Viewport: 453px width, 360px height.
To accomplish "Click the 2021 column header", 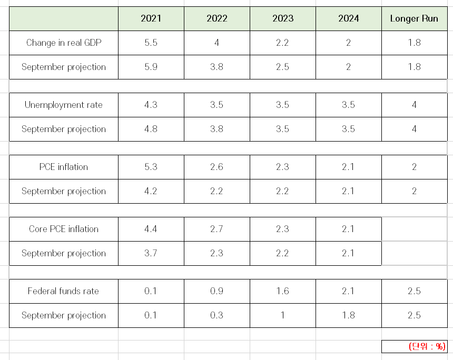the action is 151,18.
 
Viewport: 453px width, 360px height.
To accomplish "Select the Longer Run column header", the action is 414,18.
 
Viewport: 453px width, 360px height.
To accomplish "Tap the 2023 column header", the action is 283,18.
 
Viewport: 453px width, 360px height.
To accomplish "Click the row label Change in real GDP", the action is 64,43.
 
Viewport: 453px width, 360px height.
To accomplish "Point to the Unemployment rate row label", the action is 64,105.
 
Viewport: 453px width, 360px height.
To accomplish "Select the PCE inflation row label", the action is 64,167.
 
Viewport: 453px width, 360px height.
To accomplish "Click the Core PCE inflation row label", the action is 64,229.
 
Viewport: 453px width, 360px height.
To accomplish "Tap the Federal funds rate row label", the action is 63,291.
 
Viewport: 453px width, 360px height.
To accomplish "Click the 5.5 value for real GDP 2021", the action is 151,43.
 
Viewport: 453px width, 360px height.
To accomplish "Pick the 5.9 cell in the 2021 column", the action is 151,67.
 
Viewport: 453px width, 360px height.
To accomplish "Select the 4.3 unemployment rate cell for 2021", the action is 151,105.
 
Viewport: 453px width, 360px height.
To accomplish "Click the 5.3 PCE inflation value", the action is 151,167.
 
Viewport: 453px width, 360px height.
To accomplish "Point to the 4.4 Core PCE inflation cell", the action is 151,229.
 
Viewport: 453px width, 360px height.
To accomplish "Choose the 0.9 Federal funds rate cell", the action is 216,291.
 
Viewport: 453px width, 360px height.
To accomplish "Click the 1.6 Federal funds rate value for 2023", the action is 282,291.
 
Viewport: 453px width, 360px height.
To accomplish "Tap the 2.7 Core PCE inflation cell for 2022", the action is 216,229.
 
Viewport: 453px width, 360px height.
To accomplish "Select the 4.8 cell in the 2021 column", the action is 151,129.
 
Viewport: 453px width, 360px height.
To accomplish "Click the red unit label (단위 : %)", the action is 427,346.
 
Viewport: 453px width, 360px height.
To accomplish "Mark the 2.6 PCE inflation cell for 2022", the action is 216,167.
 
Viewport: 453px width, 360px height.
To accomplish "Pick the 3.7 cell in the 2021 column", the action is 151,253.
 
